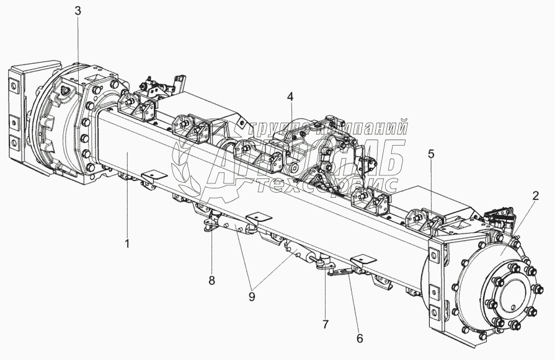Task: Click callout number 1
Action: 127,244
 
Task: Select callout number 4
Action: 290,97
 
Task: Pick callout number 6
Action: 360,338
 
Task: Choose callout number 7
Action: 326,324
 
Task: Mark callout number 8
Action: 211,280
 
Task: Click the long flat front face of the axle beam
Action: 248,186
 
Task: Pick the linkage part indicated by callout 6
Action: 340,273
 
